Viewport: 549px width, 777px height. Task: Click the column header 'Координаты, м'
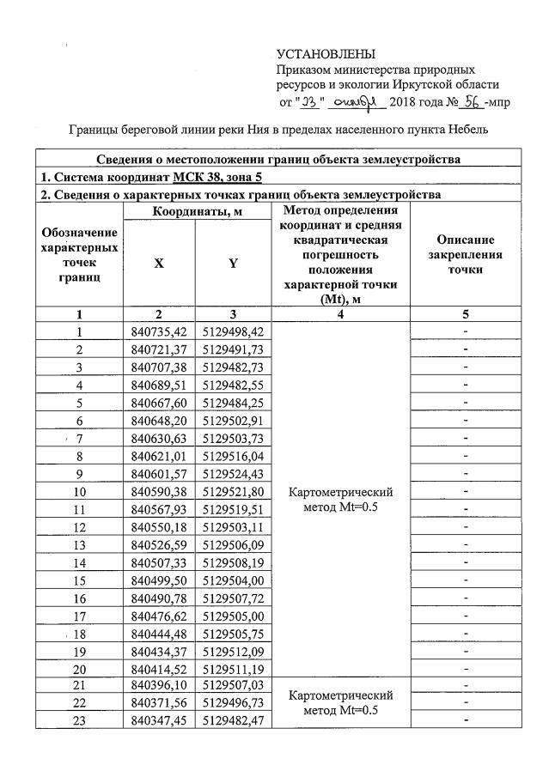tap(197, 211)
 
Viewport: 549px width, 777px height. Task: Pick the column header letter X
tap(159, 264)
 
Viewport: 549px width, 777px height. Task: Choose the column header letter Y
tap(233, 264)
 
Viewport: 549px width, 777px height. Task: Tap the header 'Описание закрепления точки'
tap(464, 254)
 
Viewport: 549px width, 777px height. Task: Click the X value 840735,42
tap(160, 331)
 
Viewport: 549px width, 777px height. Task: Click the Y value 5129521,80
tap(234, 493)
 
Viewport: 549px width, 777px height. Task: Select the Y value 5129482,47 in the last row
tap(234, 720)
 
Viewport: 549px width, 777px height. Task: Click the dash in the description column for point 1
tap(464, 331)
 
